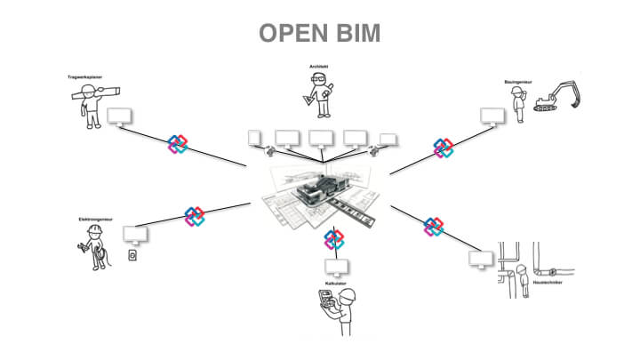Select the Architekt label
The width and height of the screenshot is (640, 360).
pyautogui.click(x=319, y=66)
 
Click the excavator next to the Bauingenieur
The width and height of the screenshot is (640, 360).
pyautogui.click(x=557, y=99)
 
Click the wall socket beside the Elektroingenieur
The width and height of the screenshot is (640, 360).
pyautogui.click(x=132, y=258)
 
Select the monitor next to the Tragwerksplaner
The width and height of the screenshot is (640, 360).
pyautogui.click(x=119, y=116)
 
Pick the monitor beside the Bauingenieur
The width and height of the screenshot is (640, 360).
pyautogui.click(x=490, y=116)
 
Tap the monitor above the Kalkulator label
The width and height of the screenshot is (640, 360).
pyautogui.click(x=336, y=267)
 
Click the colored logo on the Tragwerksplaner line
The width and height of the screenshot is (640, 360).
pyautogui.click(x=179, y=144)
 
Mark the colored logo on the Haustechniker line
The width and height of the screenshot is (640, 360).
pyautogui.click(x=434, y=227)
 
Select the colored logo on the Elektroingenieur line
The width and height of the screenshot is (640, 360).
pyautogui.click(x=195, y=216)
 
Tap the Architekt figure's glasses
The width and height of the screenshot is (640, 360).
pyautogui.click(x=318, y=81)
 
